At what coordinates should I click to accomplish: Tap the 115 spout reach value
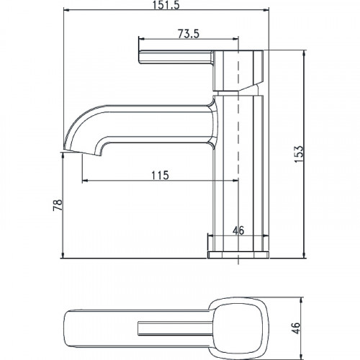click(x=160, y=175)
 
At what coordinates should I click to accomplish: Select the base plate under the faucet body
click(x=237, y=254)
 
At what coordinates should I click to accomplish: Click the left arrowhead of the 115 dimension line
click(x=85, y=181)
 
